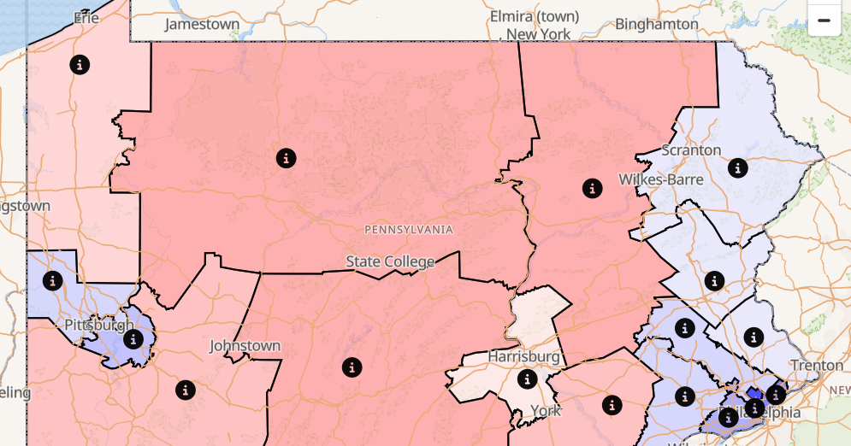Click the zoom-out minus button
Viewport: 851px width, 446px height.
coord(824,20)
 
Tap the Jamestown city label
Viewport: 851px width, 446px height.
coord(202,24)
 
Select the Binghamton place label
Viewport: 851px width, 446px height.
coord(657,24)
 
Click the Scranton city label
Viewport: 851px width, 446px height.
coord(692,150)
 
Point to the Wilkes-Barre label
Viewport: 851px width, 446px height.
coord(661,179)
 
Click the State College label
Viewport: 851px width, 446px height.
coord(390,261)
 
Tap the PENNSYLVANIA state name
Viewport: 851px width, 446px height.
coord(409,230)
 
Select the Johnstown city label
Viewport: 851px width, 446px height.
coord(245,346)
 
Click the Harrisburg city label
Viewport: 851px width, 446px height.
coord(524,355)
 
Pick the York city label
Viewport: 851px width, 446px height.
coord(545,410)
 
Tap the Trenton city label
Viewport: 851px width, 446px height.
coord(817,366)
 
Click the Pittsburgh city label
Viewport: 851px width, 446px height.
coord(99,325)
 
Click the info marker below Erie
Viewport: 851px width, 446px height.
coord(80,64)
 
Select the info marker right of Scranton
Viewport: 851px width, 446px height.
coord(737,167)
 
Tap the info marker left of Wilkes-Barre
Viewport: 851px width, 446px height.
coord(592,188)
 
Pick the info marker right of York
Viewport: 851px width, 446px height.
coord(611,404)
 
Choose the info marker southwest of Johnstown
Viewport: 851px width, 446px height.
coord(185,390)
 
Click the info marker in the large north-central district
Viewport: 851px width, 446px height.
coord(286,158)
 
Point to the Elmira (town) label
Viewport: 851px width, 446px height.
coord(535,16)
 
